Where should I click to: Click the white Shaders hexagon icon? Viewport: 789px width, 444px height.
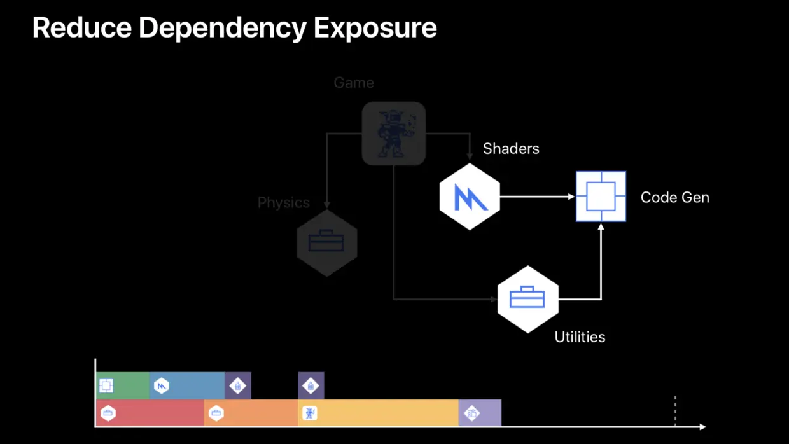tap(470, 197)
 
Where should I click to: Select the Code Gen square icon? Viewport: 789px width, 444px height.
tap(601, 197)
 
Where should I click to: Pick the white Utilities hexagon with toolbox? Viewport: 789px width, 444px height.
tap(527, 299)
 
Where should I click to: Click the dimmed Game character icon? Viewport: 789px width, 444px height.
tap(393, 134)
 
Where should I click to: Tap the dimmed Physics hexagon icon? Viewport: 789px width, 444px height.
tap(326, 243)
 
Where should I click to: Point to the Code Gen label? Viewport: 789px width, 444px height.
tap(674, 197)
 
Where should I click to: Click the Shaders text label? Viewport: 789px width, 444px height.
tap(511, 149)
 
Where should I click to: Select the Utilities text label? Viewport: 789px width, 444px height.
tap(580, 337)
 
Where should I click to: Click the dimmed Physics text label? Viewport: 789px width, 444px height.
tap(283, 203)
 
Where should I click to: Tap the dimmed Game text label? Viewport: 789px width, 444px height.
tap(354, 83)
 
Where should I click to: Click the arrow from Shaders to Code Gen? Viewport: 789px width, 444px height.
tap(538, 197)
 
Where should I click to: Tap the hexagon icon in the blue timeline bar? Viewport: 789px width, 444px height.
tap(162, 385)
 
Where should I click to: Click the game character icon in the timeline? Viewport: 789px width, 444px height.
tap(310, 413)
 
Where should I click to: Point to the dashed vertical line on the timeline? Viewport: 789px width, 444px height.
tap(675, 410)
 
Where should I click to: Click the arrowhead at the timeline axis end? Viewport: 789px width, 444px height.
tap(702, 426)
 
